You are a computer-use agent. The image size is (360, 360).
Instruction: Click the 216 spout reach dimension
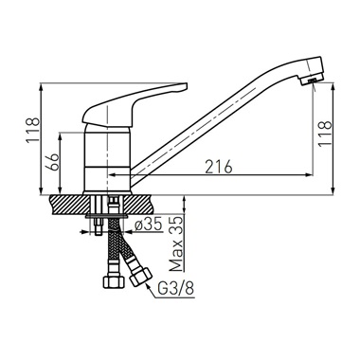[219, 167]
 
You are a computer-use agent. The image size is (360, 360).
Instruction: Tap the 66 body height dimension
[53, 163]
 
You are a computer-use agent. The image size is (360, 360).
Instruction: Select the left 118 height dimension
[33, 131]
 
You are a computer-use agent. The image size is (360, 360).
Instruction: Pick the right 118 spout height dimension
[325, 134]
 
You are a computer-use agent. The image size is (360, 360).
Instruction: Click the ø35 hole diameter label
[148, 225]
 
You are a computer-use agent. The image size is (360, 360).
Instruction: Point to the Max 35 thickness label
[176, 243]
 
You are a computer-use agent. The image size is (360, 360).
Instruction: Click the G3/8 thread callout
[175, 288]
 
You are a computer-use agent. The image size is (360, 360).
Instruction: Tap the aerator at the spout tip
[311, 80]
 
